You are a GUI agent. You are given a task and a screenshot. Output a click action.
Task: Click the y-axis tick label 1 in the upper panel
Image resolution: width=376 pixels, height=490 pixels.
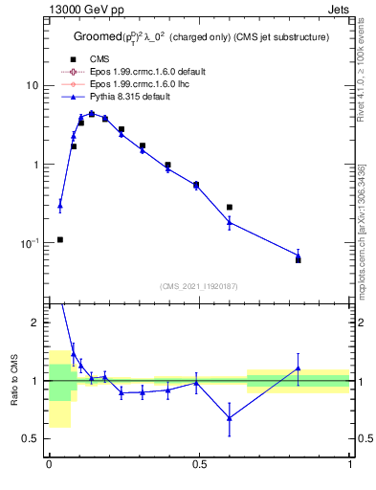click(x=36, y=165)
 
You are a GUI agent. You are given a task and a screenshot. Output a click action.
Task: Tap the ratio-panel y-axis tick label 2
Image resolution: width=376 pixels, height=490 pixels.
click(x=36, y=323)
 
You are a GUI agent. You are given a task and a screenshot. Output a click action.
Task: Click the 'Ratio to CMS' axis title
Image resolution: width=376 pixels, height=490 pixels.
click(x=13, y=380)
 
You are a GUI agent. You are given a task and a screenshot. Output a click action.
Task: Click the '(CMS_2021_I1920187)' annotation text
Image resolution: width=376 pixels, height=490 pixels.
click(x=199, y=286)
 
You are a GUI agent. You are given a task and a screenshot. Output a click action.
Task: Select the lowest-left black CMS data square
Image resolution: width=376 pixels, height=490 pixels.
click(x=60, y=239)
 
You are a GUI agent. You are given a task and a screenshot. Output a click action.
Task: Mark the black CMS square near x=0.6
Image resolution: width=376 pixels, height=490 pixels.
click(x=230, y=207)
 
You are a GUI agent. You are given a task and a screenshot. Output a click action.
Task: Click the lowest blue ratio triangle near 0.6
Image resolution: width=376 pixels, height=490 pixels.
click(x=230, y=417)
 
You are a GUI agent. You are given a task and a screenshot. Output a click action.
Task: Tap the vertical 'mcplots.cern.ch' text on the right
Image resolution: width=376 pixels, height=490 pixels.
click(x=364, y=220)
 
